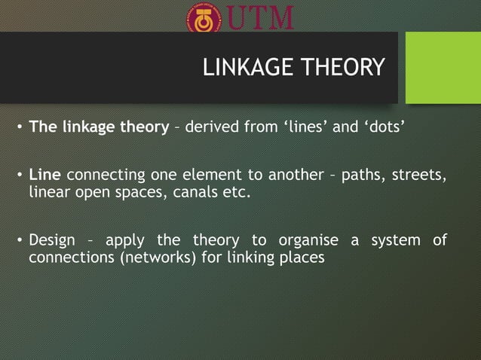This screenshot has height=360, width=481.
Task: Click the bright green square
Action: click(x=443, y=68)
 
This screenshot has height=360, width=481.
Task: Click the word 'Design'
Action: click(x=52, y=241)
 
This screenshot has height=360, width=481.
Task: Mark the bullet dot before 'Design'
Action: click(x=20, y=242)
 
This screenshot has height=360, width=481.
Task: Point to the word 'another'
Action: click(x=285, y=176)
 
